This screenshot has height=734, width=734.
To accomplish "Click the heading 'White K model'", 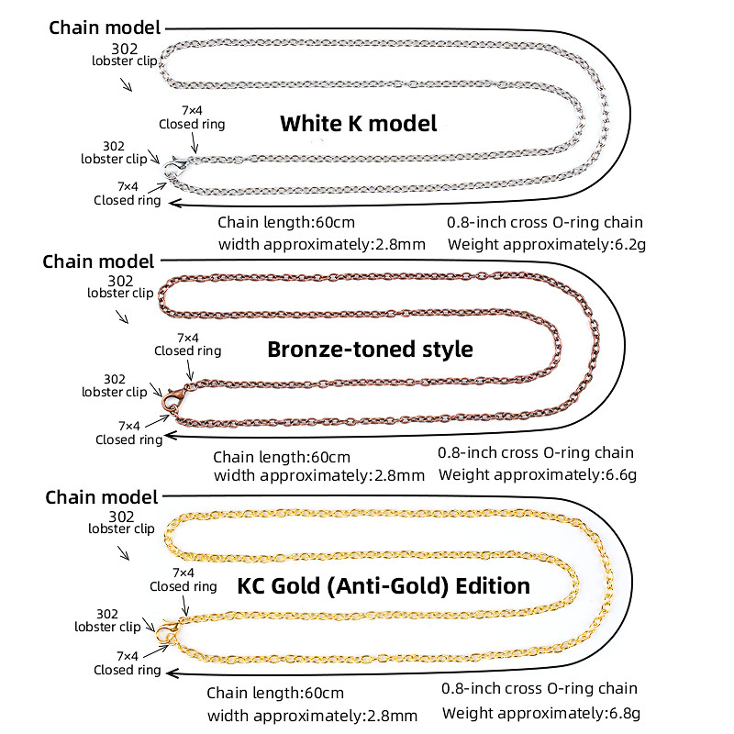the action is pyautogui.click(x=358, y=124).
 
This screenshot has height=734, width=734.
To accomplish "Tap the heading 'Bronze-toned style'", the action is pyautogui.click(x=370, y=350).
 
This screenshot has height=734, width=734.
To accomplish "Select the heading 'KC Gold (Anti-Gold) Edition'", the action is pyautogui.click(x=384, y=586).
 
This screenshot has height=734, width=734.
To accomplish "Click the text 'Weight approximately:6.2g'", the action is pyautogui.click(x=547, y=244).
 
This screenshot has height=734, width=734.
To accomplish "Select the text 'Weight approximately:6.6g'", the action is pyautogui.click(x=538, y=474).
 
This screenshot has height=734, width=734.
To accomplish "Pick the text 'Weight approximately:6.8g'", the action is pyautogui.click(x=541, y=713).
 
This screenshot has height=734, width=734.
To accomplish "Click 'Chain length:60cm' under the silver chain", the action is pyautogui.click(x=286, y=222).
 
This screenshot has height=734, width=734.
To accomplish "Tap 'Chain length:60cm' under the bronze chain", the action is pyautogui.click(x=282, y=457).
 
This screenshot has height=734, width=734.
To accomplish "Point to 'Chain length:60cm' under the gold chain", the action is pyautogui.click(x=275, y=693).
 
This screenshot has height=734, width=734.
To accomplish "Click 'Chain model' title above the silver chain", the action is pyautogui.click(x=105, y=28).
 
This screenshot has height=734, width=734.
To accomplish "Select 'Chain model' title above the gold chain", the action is pyautogui.click(x=102, y=497).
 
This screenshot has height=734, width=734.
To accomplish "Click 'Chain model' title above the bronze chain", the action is pyautogui.click(x=98, y=261).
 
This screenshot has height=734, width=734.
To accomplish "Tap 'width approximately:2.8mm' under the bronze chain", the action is pyautogui.click(x=319, y=475).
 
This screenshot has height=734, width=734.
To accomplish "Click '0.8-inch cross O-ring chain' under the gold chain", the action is pyautogui.click(x=539, y=689).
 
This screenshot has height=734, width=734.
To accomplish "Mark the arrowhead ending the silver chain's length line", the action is pyautogui.click(x=174, y=203).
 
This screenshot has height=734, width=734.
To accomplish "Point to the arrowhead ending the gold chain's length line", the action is pyautogui.click(x=172, y=673).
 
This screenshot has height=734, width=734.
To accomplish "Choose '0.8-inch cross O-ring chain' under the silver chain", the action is pyautogui.click(x=545, y=222).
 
